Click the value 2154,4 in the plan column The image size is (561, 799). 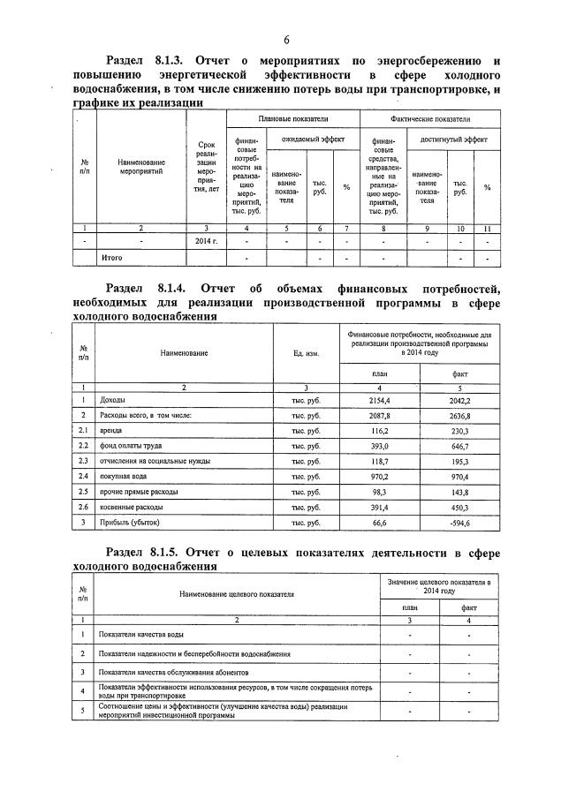pyautogui.click(x=379, y=400)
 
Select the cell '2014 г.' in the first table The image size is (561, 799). pyautogui.click(x=205, y=240)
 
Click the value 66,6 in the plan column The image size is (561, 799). pyautogui.click(x=379, y=523)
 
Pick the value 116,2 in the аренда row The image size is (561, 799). pyautogui.click(x=379, y=430)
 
